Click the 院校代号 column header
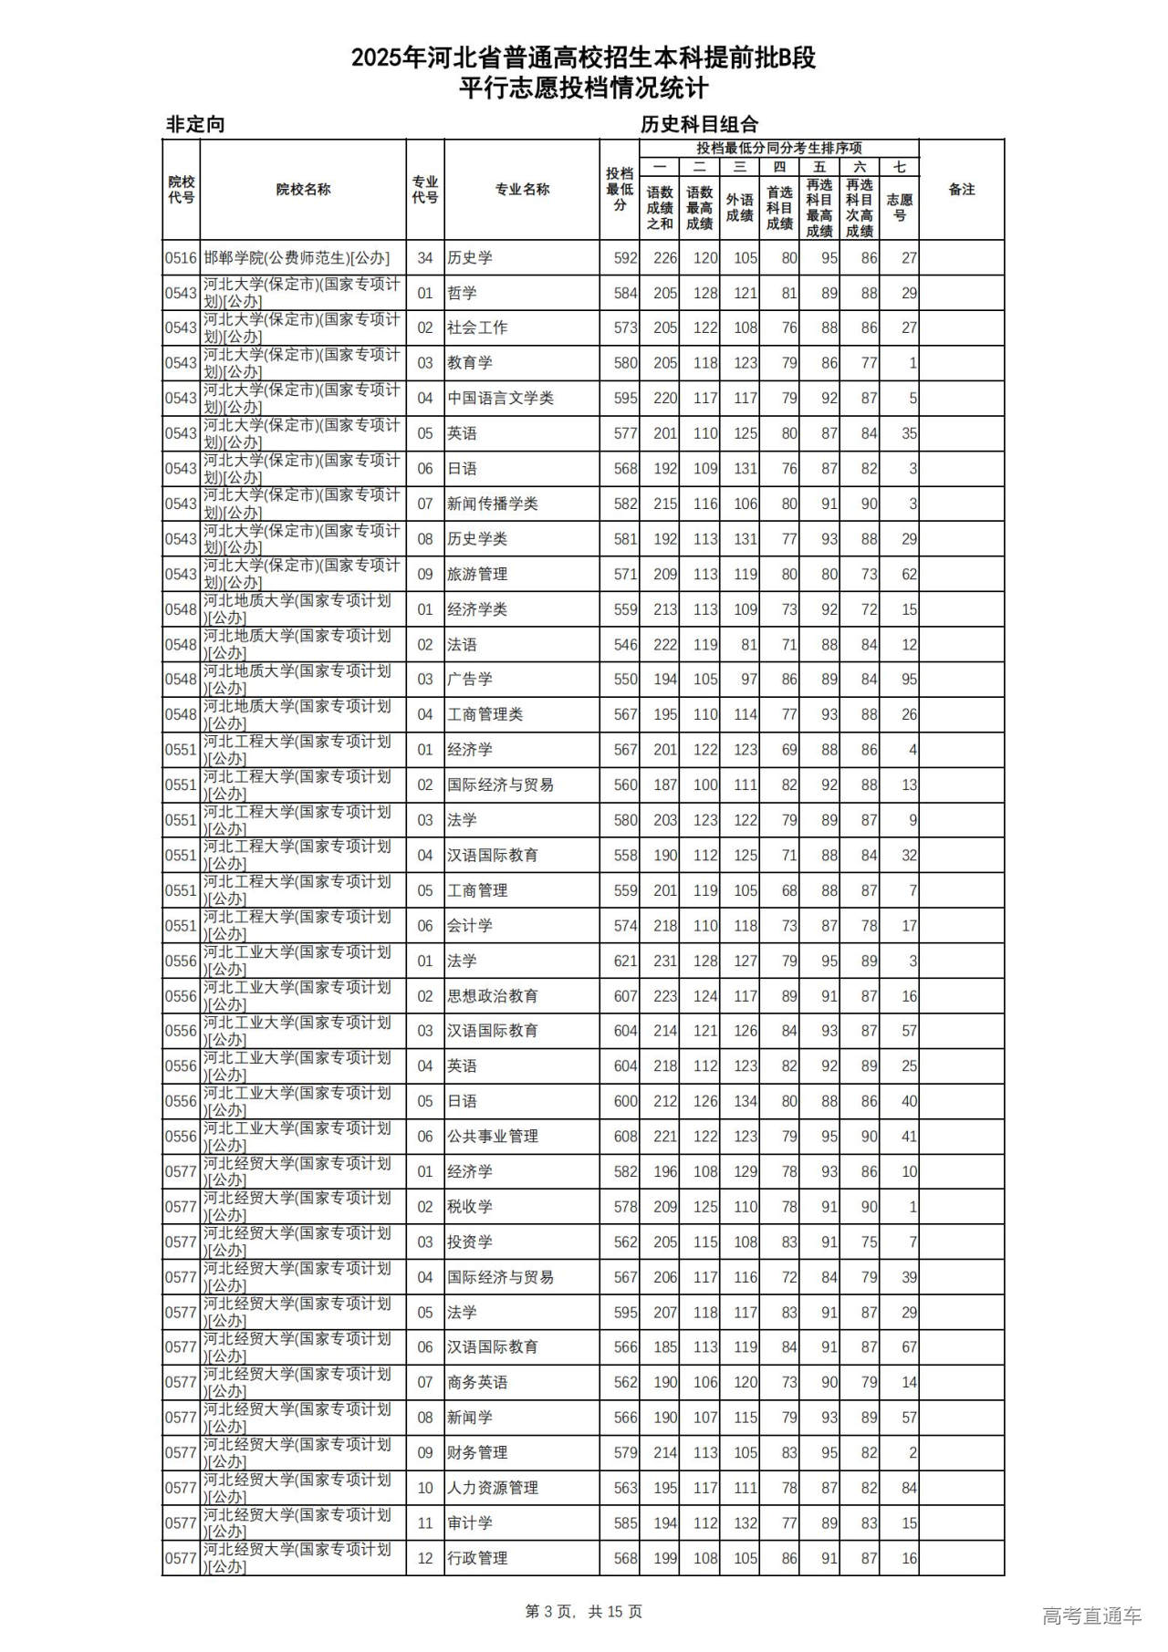[182, 190]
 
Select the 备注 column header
[962, 190]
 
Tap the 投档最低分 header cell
[620, 190]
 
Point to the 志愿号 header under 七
[899, 207]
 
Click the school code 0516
[181, 258]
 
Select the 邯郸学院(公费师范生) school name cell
[297, 258]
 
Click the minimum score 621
[625, 961]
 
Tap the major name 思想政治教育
[493, 996]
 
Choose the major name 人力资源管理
[493, 1488]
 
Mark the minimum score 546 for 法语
[625, 645]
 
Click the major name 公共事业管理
[493, 1137]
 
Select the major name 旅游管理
[477, 575]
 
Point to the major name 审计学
[470, 1523]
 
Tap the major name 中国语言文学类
[500, 399]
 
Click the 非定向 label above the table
[195, 125]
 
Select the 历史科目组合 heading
[699, 125]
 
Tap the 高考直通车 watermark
[1091, 1616]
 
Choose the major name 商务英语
[477, 1383]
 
